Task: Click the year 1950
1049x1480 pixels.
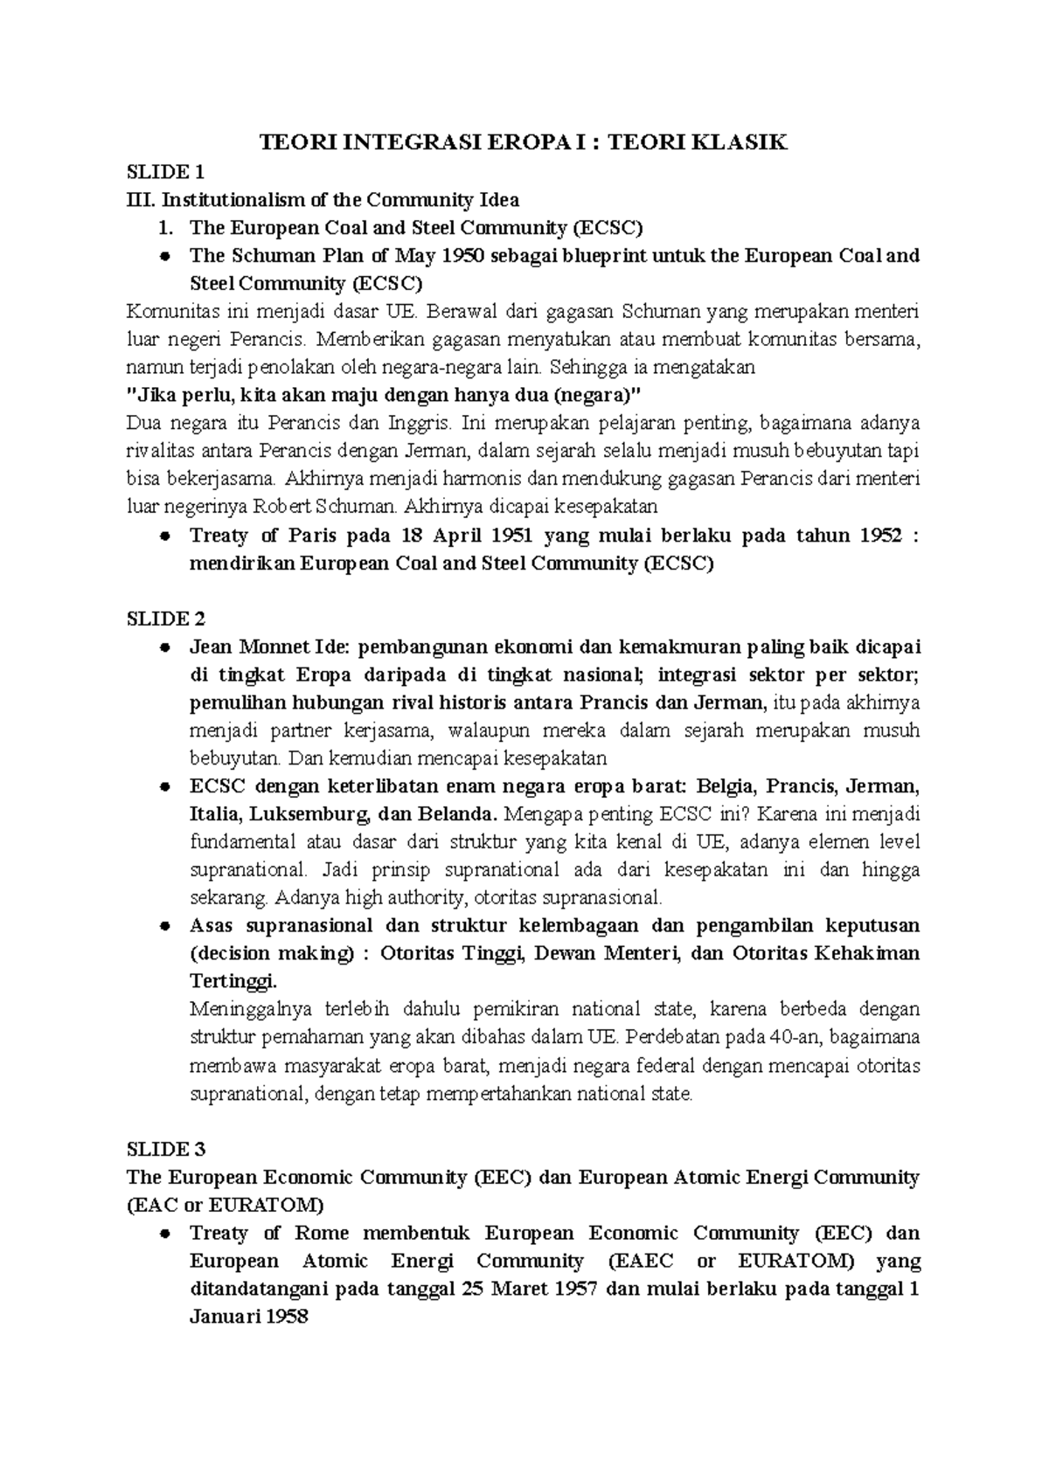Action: (460, 255)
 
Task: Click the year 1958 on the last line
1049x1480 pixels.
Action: (283, 1317)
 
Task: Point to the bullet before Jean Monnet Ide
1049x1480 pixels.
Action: (164, 647)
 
